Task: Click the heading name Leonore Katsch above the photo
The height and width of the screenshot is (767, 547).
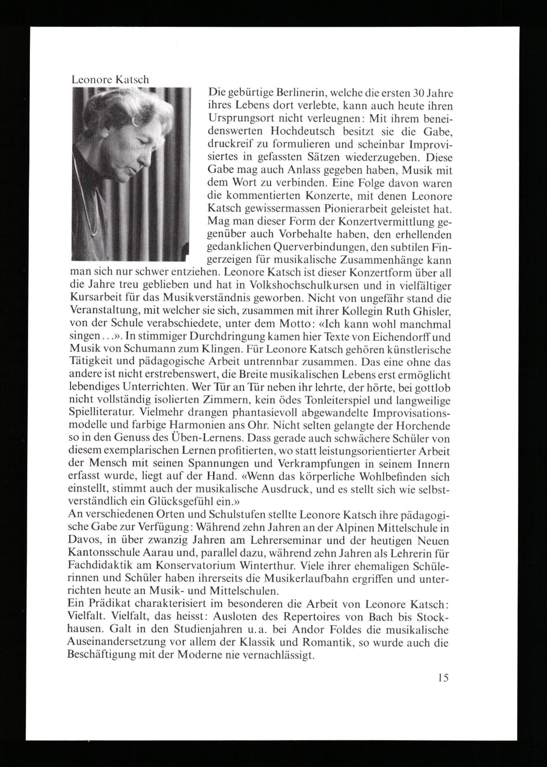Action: [110, 80]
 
